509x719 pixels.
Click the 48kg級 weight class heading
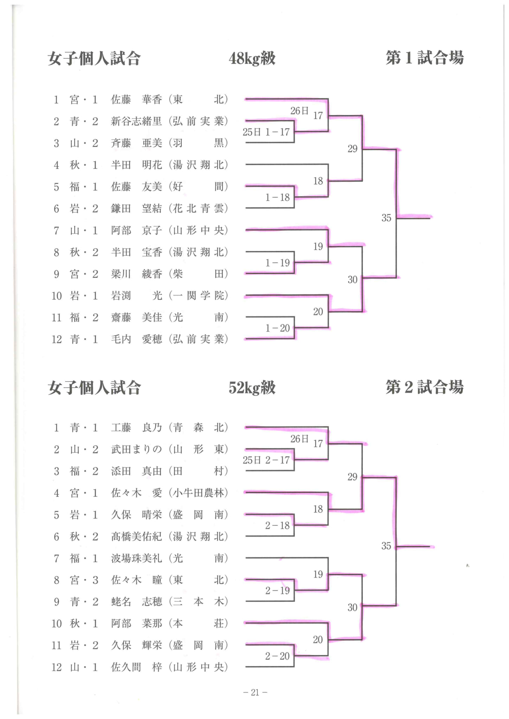click(x=252, y=58)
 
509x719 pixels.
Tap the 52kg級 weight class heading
click(x=252, y=388)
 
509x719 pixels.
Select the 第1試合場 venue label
click(x=425, y=58)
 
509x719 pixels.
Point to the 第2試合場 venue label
click(x=425, y=387)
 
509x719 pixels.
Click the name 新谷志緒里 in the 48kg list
click(x=136, y=121)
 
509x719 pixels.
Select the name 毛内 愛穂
click(x=136, y=339)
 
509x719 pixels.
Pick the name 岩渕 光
click(x=136, y=296)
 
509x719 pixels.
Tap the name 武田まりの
click(x=136, y=449)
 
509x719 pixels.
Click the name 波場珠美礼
click(x=136, y=558)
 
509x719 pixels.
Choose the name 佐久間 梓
click(x=136, y=667)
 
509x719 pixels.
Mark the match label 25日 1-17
click(x=266, y=132)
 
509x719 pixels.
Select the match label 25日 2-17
click(x=266, y=460)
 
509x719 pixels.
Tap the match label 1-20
click(x=278, y=328)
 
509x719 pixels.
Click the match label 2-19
click(x=278, y=591)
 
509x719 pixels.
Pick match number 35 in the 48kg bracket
click(x=386, y=218)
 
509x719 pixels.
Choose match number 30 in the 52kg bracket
click(x=353, y=607)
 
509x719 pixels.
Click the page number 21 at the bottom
click(x=255, y=692)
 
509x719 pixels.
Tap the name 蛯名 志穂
click(x=136, y=602)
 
